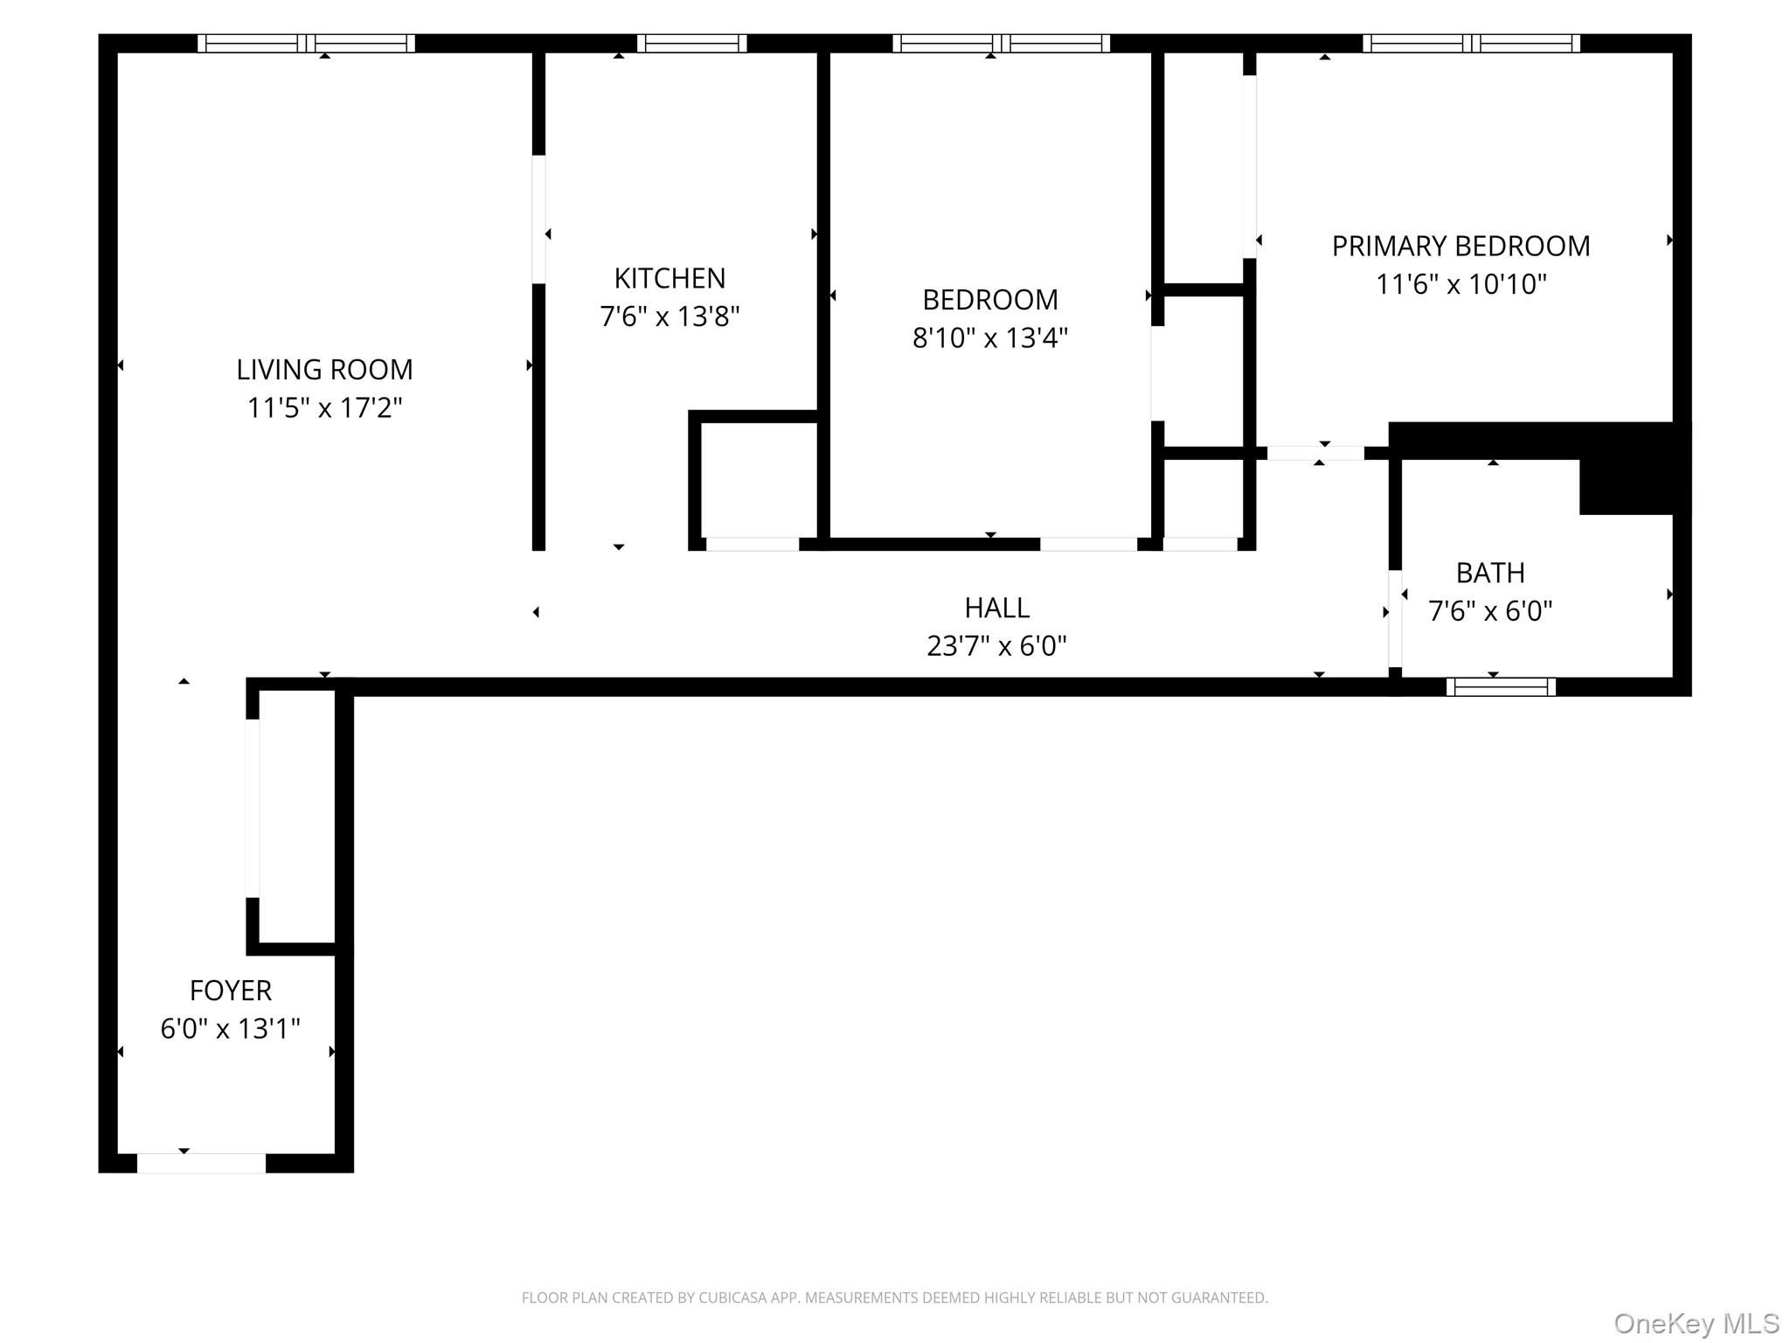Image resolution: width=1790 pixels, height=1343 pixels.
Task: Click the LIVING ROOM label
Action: click(x=324, y=370)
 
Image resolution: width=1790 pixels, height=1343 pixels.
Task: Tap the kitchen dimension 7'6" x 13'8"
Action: click(x=670, y=317)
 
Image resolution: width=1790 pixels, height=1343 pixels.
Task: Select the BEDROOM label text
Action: click(x=990, y=300)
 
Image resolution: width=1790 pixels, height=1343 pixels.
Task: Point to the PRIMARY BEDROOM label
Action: click(x=1460, y=247)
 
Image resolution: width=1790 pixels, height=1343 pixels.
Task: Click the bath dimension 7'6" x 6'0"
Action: click(x=1490, y=611)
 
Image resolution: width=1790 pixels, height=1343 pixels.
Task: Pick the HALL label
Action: click(x=996, y=608)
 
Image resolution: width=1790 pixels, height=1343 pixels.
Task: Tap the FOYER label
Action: click(x=231, y=991)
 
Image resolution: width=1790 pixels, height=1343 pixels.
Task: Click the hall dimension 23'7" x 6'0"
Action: click(x=996, y=646)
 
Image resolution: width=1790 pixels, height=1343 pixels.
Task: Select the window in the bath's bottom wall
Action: click(x=1501, y=687)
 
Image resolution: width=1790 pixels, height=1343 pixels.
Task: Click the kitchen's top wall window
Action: click(x=691, y=44)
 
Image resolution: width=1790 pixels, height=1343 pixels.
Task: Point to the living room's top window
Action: click(x=306, y=44)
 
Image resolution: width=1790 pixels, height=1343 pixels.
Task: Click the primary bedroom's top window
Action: click(x=1471, y=44)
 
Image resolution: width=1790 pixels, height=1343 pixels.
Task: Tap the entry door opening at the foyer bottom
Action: click(x=201, y=1163)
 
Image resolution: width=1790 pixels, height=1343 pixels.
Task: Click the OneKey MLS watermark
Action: click(x=1696, y=1323)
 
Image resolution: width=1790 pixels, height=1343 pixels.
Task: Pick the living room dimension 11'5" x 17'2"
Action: click(x=324, y=408)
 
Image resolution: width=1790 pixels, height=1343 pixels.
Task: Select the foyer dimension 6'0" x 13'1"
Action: click(x=230, y=1029)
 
